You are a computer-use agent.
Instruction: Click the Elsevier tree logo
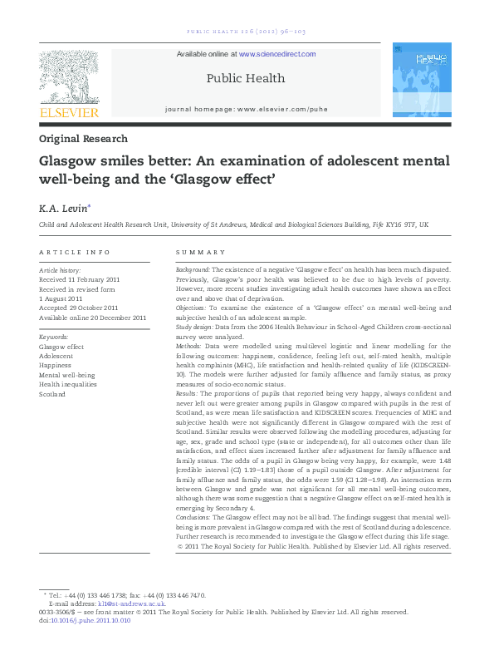point(69,76)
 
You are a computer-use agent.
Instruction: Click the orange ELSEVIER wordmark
point(69,112)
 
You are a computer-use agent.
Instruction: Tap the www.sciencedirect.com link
point(277,54)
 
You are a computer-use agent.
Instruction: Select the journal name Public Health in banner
point(245,79)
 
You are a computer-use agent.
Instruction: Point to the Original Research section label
point(83,139)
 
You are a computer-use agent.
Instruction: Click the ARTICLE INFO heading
point(75,252)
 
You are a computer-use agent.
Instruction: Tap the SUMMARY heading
point(200,252)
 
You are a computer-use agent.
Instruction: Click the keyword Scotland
point(53,394)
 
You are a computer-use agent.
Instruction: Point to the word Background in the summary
point(193,270)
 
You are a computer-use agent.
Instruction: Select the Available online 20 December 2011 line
point(93,317)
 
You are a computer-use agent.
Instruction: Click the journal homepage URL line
point(246,109)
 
